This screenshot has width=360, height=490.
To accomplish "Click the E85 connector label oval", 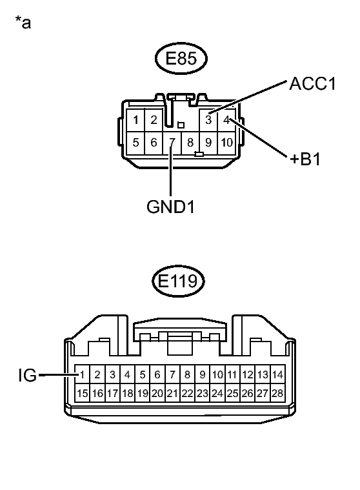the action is [181, 59].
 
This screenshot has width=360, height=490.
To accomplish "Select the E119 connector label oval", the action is [178, 281].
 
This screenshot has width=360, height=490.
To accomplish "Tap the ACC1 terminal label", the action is [312, 84].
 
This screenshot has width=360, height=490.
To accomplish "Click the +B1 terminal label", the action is [305, 159].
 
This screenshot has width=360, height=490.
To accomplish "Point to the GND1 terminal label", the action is [171, 207].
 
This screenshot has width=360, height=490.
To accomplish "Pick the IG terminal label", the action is [28, 375].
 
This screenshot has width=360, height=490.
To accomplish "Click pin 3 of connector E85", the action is [208, 119].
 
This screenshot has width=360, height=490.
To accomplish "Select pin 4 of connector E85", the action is [226, 119].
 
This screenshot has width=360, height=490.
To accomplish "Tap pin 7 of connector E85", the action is [172, 143].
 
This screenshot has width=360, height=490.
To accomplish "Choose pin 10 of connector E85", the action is [226, 143].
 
